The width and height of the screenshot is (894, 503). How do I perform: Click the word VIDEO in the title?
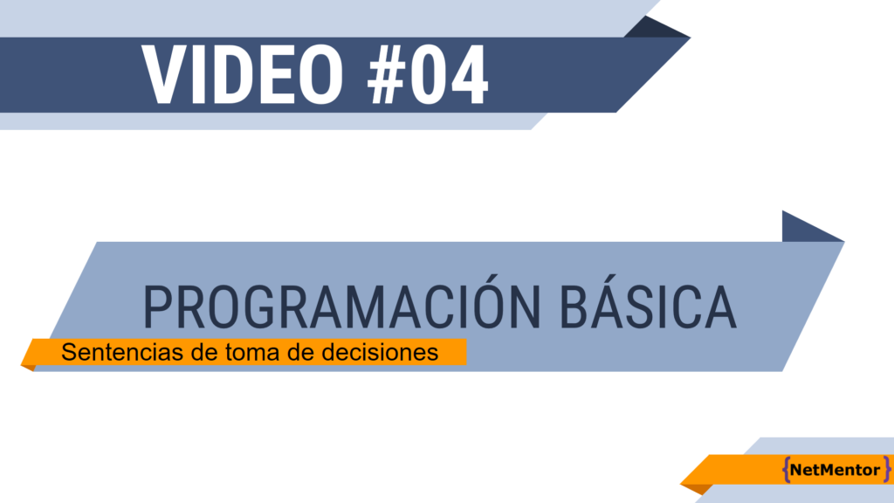(243, 75)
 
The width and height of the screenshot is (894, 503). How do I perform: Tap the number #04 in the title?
(428, 75)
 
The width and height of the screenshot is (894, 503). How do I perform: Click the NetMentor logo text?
(835, 470)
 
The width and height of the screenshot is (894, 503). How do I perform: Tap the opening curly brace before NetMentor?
(786, 469)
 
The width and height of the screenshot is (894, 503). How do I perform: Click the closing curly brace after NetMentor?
(886, 469)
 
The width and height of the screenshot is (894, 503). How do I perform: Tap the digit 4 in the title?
(469, 75)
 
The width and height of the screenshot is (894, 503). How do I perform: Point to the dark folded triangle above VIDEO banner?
(656, 29)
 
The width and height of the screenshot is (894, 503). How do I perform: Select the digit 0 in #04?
(428, 75)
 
